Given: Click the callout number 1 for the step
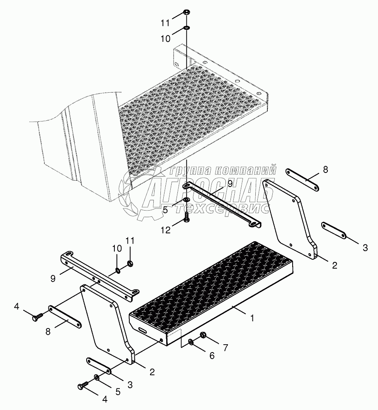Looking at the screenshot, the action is (252, 318).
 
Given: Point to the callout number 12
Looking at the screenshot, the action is (165, 230).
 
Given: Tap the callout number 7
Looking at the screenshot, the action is (225, 348).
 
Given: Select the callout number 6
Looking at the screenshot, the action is (212, 355).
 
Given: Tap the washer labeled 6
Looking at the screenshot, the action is (191, 341).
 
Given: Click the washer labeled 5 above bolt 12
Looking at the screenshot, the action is (187, 200).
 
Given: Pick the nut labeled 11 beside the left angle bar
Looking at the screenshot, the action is (130, 264).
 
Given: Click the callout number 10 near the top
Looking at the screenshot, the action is (165, 39).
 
